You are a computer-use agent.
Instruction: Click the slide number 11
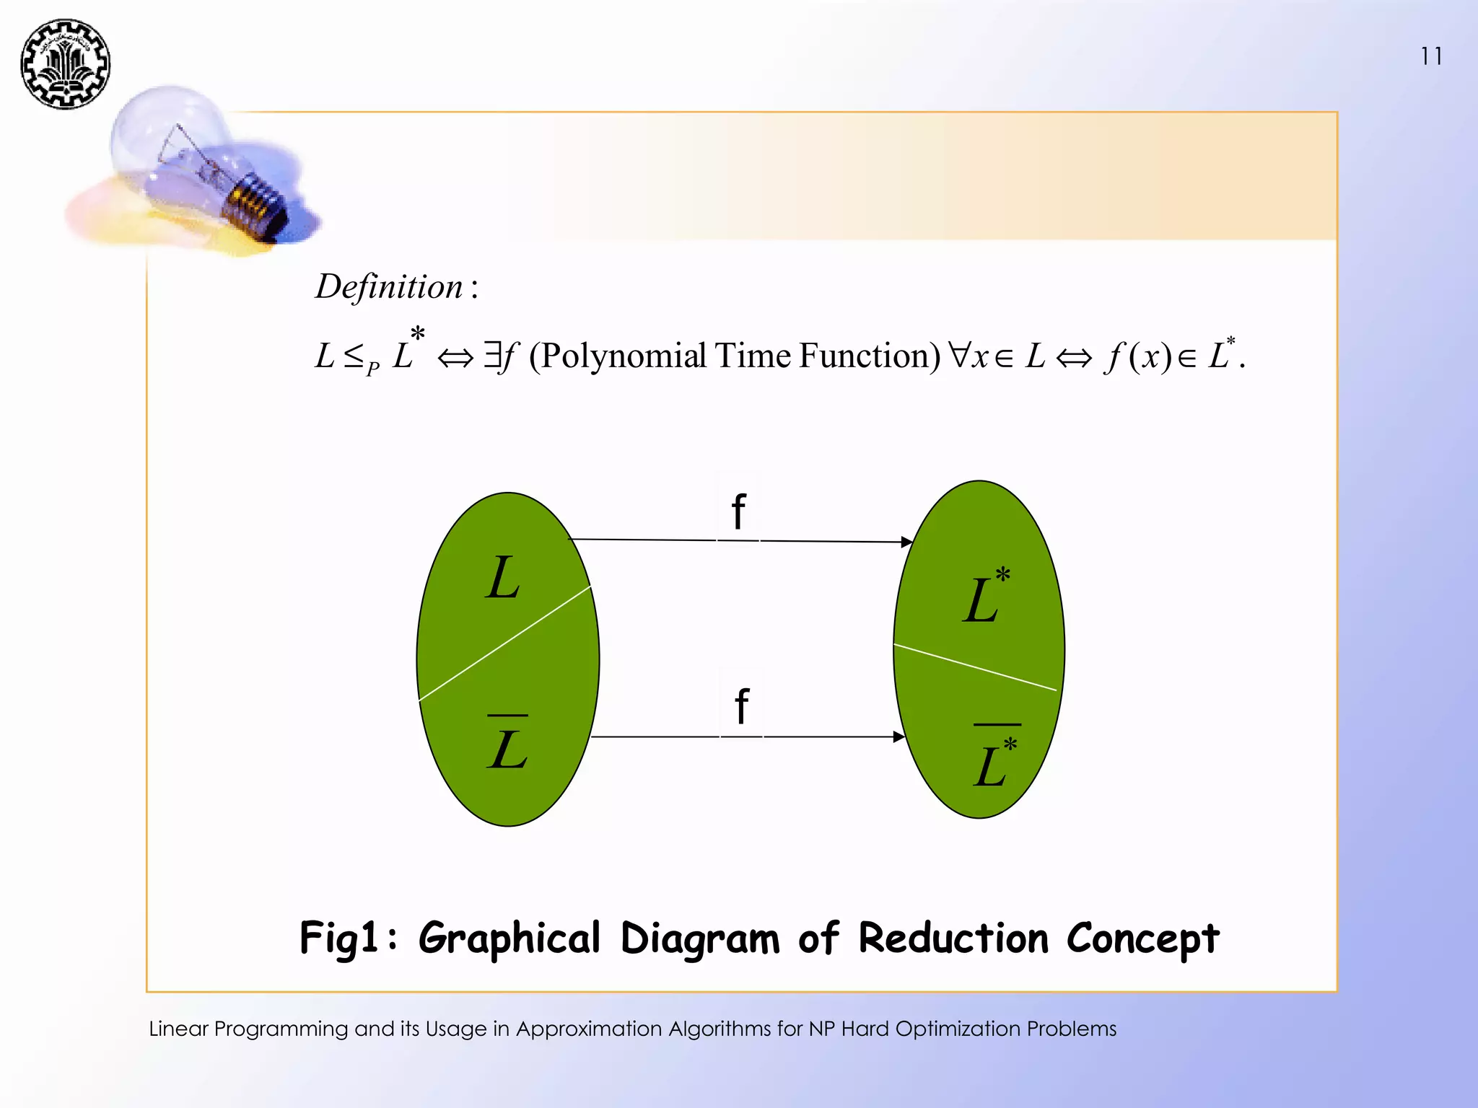pos(1431,56)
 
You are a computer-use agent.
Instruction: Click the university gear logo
pos(65,64)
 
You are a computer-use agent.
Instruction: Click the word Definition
pos(389,286)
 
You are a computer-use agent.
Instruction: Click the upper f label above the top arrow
pos(738,511)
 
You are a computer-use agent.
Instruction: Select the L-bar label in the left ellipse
pos(508,746)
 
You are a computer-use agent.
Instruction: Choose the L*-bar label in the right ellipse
pos(995,761)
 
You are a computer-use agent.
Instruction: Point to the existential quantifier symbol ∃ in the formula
pos(492,355)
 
